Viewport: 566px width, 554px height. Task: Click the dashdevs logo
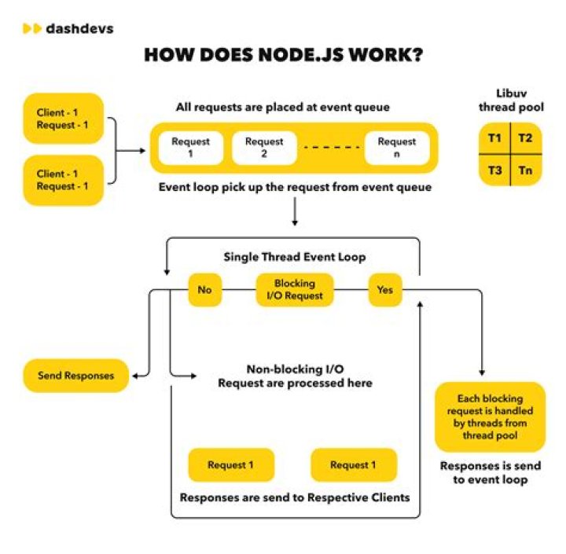coord(68,29)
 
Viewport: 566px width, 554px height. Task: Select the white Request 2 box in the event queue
coord(264,148)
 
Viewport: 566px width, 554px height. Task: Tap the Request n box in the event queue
coord(397,148)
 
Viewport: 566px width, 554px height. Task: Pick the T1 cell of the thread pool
coord(494,139)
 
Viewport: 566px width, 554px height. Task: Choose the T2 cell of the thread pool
coord(525,139)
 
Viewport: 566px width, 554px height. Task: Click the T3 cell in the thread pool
coord(494,170)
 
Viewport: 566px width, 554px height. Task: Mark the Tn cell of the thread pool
coord(525,170)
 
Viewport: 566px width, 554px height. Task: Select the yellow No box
coord(204,290)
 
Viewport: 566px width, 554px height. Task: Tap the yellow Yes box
coord(385,290)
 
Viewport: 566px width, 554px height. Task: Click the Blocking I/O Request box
coord(295,290)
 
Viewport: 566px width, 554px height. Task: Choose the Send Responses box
coord(75,376)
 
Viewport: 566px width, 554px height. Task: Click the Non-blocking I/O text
coord(295,369)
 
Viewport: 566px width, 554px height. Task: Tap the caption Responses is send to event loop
coord(490,472)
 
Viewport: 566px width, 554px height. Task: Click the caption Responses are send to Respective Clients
coord(295,497)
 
